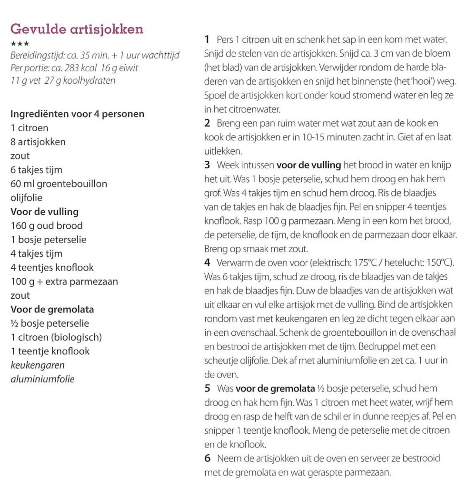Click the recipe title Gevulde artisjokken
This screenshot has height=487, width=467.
[x=77, y=29]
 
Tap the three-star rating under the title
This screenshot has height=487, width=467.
[x=20, y=44]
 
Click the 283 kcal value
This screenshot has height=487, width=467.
[x=79, y=68]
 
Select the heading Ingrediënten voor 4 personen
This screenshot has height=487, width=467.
[x=77, y=114]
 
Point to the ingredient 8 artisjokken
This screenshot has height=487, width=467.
[x=38, y=142]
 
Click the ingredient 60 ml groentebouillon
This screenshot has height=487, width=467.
[x=59, y=184]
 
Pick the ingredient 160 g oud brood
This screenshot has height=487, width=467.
[x=46, y=225]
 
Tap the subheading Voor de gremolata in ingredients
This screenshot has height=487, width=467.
[x=52, y=310]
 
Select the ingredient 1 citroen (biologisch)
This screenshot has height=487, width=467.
[x=56, y=338]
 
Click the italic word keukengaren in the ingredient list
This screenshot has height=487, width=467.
[x=38, y=365]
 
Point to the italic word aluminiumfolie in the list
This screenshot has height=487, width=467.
[x=42, y=379]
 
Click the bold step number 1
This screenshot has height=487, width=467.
[x=207, y=39]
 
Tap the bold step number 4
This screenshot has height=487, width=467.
[x=207, y=263]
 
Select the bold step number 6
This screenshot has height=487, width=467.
[x=207, y=458]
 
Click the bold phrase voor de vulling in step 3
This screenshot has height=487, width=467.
[x=308, y=166]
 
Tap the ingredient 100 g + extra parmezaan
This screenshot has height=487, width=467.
[x=64, y=282]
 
